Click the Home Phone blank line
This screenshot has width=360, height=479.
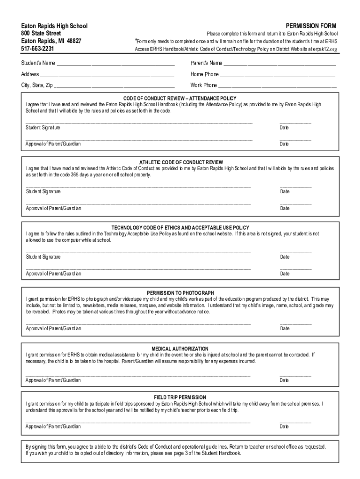point(278,75)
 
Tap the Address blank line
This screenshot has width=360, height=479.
point(107,75)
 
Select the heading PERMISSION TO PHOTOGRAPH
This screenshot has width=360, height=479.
point(181,293)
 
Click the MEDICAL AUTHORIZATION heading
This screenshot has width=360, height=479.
point(180,349)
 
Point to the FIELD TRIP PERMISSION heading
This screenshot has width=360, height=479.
point(180,397)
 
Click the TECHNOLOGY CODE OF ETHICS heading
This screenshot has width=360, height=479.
point(180,228)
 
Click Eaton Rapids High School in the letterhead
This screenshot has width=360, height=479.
point(54,26)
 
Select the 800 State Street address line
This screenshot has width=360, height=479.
point(41,33)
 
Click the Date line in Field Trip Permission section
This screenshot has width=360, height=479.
point(295,421)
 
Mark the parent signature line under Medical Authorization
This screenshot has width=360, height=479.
point(138,375)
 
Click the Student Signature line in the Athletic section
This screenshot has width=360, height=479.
point(138,187)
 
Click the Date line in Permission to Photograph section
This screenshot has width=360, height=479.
point(295,324)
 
